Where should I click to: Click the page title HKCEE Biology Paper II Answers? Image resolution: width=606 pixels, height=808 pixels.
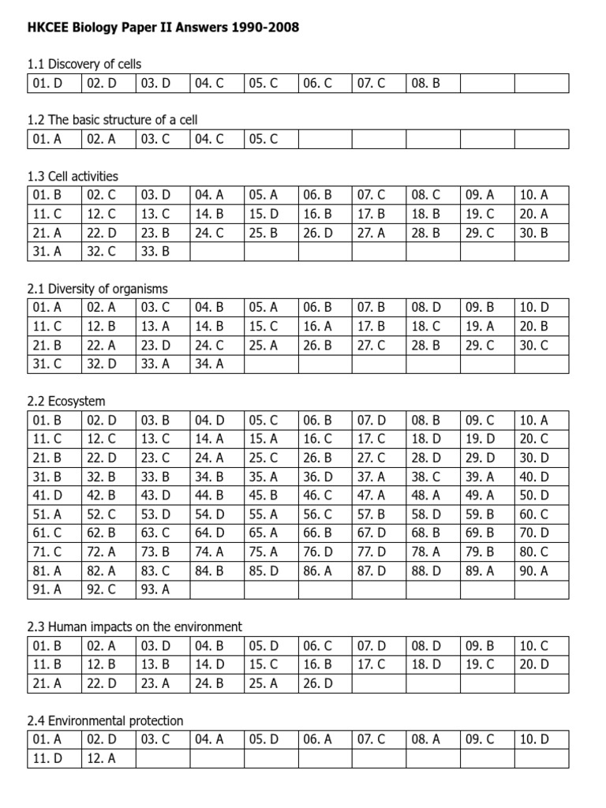(164, 28)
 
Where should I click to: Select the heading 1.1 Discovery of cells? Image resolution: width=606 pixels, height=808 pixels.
(84, 64)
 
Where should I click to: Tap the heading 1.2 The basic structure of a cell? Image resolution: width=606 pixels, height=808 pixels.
(112, 120)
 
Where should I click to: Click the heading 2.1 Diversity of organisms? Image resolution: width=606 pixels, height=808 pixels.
(97, 289)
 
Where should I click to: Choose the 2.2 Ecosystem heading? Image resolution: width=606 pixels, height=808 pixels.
(66, 402)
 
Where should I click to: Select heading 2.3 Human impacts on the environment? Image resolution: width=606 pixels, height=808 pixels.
(134, 627)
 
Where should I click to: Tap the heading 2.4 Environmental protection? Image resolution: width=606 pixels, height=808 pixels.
(105, 720)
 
